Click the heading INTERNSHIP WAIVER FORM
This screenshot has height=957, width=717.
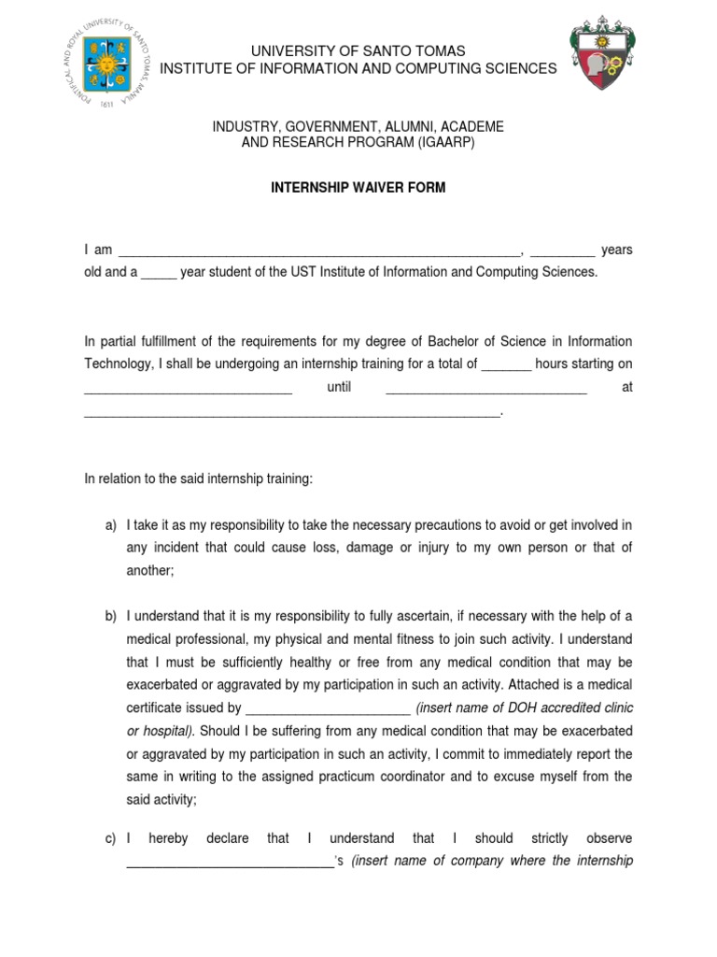click(358, 188)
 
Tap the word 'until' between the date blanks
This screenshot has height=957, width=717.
click(339, 387)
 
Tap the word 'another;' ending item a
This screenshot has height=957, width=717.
click(149, 570)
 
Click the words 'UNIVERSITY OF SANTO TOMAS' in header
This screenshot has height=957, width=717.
click(358, 50)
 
